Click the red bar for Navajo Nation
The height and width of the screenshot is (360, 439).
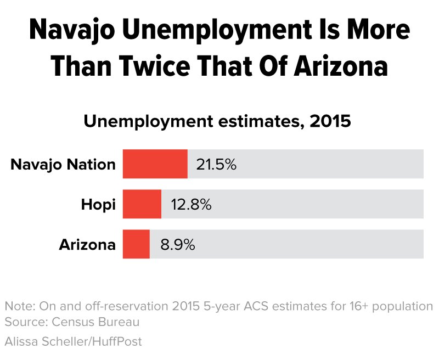click(x=155, y=164)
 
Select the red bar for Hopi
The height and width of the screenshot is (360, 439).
click(x=142, y=204)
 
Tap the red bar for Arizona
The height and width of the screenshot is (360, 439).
click(x=136, y=244)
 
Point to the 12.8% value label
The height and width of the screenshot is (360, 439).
click(x=191, y=205)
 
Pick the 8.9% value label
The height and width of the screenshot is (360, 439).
click(x=178, y=245)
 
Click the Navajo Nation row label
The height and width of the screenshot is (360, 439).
click(x=63, y=164)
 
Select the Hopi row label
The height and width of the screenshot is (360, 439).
click(x=98, y=205)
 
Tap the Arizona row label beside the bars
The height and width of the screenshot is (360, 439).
click(x=87, y=245)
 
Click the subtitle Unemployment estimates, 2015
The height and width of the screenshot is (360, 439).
click(x=217, y=120)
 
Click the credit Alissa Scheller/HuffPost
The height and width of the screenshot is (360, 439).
click(x=73, y=341)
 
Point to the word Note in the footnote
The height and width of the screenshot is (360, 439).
click(x=18, y=306)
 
